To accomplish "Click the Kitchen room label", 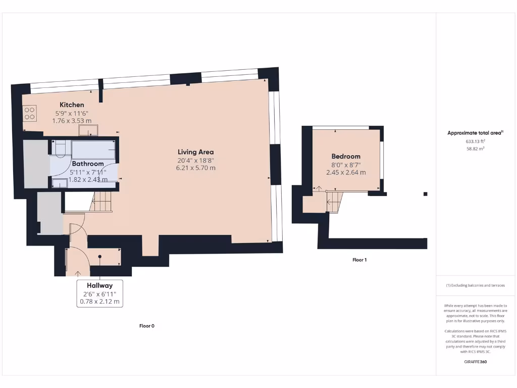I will click(x=72, y=105).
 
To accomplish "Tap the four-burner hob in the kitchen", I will click(x=29, y=113).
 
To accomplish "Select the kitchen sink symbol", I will click(x=87, y=131).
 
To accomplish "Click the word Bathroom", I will click(x=87, y=164).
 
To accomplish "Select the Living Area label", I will click(x=195, y=152).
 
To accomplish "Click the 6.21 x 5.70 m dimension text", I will click(x=195, y=168).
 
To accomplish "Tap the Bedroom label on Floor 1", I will click(x=346, y=157).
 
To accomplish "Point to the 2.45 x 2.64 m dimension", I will click(x=346, y=172).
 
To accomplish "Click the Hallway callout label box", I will click(x=99, y=294).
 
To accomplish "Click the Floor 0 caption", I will click(x=147, y=326).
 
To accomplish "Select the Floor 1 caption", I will click(x=359, y=260).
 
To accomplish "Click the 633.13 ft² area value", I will click(x=475, y=141).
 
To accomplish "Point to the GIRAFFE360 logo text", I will click(x=475, y=362).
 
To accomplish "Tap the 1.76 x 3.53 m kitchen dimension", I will click(x=72, y=121).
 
